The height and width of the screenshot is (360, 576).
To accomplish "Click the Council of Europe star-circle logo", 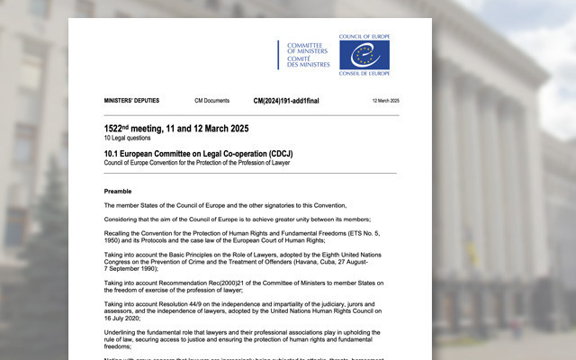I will [x=364, y=54].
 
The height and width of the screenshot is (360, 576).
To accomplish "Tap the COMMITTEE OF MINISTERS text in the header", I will [x=308, y=48].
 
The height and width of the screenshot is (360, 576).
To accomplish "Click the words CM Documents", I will [x=211, y=101].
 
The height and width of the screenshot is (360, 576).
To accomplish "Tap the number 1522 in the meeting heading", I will [x=116, y=129].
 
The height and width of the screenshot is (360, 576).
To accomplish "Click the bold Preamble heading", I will [x=117, y=191].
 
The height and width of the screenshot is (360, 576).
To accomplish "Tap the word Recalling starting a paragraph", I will [x=121, y=234].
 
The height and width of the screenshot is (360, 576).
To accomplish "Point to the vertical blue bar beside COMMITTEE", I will [x=278, y=54].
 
